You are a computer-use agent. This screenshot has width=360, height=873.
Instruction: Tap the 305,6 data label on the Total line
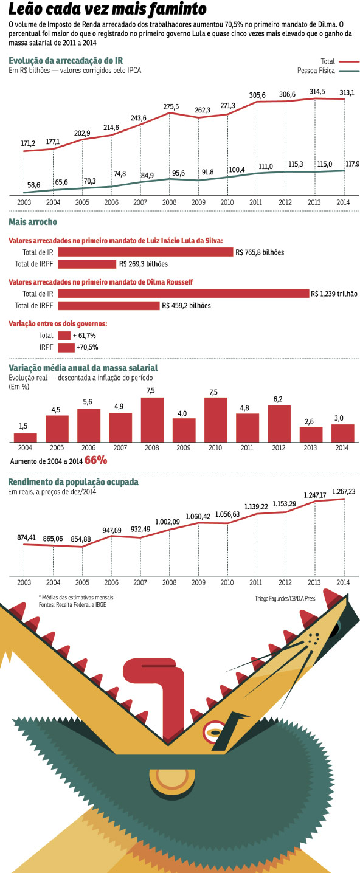(x=257, y=95)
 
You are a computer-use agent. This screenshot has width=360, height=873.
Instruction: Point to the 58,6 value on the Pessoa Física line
(x=33, y=185)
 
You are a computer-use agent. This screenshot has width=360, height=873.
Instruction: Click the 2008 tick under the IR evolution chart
(x=169, y=202)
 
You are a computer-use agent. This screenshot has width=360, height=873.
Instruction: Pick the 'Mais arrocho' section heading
(x=33, y=222)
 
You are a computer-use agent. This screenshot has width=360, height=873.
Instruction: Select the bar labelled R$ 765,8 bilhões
(x=145, y=252)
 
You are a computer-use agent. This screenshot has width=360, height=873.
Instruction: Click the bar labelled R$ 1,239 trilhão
(x=184, y=294)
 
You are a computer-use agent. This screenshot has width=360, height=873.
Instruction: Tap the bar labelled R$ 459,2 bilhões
(x=109, y=305)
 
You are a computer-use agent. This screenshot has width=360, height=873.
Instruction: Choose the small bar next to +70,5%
(x=66, y=347)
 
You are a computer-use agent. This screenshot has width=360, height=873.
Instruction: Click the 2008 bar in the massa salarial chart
(x=152, y=419)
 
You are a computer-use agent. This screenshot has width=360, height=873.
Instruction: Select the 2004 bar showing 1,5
(x=26, y=438)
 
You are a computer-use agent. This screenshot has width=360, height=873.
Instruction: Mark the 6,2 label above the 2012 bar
(x=278, y=399)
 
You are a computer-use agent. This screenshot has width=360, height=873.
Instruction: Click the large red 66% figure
(x=95, y=460)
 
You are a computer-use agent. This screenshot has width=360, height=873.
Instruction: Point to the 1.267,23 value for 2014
(x=344, y=492)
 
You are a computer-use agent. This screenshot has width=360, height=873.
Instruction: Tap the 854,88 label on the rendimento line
(x=81, y=539)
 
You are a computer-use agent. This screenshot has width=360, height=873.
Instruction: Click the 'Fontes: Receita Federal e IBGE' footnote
(x=72, y=605)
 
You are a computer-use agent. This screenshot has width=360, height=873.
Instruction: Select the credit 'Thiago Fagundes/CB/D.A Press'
(x=285, y=598)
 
